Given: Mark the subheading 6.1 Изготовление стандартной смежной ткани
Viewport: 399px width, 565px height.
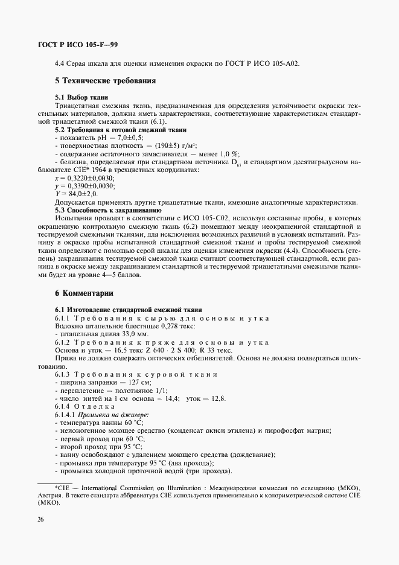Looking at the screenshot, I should tap(129, 310).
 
